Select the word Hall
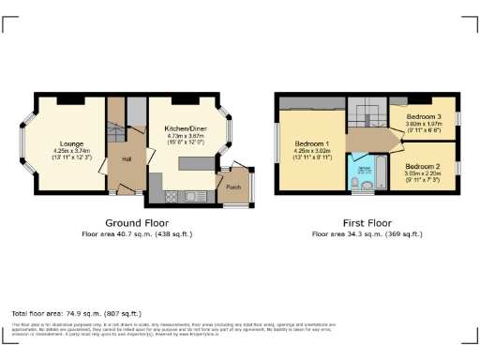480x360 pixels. click(x=126, y=159)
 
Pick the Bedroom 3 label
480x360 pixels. click(x=424, y=116)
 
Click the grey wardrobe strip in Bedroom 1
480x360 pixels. click(x=313, y=101)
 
